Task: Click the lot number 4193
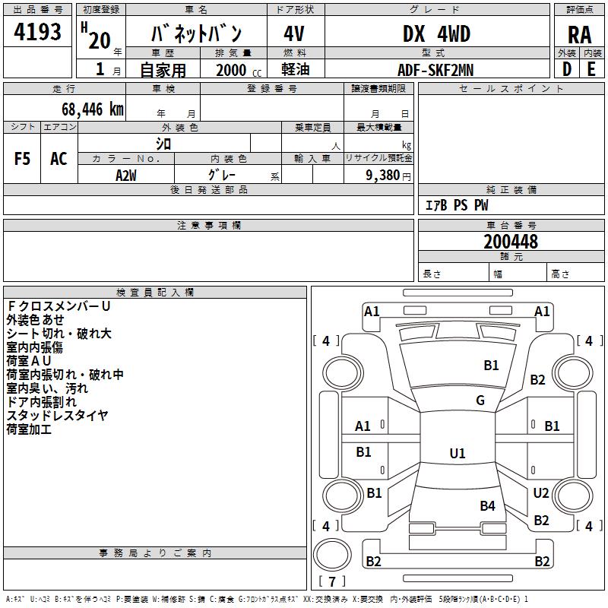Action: pos(37,33)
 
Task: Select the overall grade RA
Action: pos(579,34)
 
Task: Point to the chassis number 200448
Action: pos(511,242)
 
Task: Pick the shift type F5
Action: pos(22,159)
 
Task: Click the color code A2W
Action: pos(126,175)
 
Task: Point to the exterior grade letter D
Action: pos(567,69)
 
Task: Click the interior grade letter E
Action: pos(591,69)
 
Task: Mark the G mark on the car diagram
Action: pos(480,401)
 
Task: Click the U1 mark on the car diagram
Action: pos(457,454)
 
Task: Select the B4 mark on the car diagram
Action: pos(487,506)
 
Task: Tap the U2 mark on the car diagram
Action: pos(540,493)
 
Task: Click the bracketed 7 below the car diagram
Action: pos(331,581)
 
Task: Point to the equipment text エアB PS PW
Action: pos(456,205)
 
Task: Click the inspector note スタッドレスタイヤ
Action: pos(57,415)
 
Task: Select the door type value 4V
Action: pos(295,34)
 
